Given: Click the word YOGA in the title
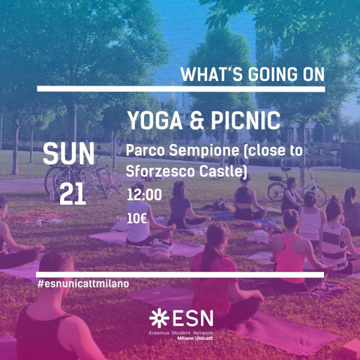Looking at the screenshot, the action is [155, 121].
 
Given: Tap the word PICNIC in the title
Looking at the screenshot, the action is [245, 121].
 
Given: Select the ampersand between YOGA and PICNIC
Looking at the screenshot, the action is [197, 121].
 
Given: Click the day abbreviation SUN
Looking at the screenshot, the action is [68, 154].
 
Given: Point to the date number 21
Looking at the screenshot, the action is [73, 194].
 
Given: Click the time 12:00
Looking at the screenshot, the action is [144, 195].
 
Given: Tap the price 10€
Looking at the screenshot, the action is [137, 219].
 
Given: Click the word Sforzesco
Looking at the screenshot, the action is [161, 171].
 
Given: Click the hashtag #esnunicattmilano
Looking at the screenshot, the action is [83, 284].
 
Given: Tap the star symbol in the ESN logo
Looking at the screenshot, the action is [159, 318].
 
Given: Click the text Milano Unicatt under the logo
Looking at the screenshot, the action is [195, 338].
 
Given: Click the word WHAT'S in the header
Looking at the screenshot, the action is [211, 74].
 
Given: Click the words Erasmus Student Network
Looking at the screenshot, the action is [181, 332].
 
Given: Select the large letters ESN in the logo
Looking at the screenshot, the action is [193, 318].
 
